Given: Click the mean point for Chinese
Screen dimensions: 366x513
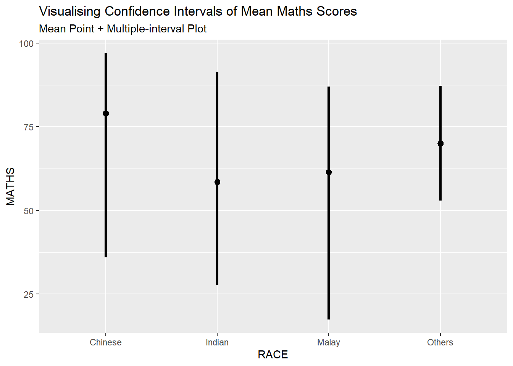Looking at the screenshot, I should (x=106, y=113).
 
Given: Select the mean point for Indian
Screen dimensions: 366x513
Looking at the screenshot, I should (x=217, y=182).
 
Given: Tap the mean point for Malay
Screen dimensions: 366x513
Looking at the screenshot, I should (x=329, y=172).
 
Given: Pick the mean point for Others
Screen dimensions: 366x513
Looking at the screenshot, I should (x=440, y=143).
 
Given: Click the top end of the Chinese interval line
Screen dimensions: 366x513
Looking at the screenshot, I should (x=106, y=54).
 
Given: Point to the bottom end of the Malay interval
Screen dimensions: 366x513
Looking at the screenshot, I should (x=329, y=319).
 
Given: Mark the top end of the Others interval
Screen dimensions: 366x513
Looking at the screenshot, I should (x=440, y=87).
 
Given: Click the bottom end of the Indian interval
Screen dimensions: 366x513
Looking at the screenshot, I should (x=217, y=284).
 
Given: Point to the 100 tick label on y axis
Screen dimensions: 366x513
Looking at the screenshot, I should (x=26, y=43).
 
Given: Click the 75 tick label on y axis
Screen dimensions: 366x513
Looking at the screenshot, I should (x=29, y=127).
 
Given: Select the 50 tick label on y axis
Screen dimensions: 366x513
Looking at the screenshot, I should (x=29, y=211).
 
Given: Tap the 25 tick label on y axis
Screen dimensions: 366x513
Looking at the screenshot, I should (x=29, y=294).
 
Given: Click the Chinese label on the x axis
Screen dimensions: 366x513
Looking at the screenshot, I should (x=106, y=342).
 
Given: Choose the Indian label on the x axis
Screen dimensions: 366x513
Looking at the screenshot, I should (x=217, y=342).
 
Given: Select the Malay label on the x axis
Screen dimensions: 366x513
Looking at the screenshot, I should (x=329, y=342).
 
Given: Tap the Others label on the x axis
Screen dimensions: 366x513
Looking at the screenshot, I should (x=440, y=342).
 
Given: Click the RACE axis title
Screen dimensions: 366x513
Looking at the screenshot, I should (x=273, y=355).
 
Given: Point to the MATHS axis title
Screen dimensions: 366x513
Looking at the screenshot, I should (x=11, y=186).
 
